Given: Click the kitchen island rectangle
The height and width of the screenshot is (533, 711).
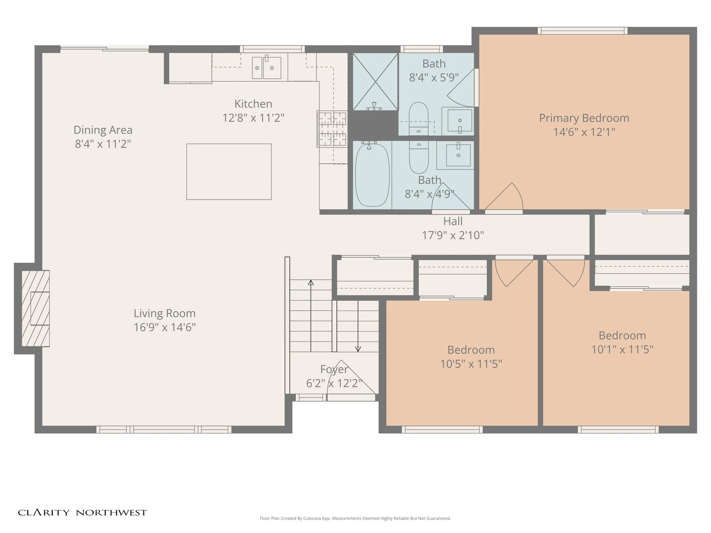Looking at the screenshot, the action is point(229,172).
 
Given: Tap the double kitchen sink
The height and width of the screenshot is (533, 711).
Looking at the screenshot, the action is point(266,67).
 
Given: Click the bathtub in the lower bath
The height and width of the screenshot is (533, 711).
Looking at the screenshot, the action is point(372,175).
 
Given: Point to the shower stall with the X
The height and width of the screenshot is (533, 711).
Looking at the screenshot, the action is point(375,82).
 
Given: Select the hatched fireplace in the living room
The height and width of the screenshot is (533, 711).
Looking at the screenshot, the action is point(36,308).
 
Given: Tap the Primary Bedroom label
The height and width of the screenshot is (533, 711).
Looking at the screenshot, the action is point(584,118).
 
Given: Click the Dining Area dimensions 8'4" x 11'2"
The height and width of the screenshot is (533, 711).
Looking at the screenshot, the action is point(103,144).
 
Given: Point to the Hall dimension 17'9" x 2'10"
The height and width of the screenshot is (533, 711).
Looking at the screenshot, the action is point(453,235).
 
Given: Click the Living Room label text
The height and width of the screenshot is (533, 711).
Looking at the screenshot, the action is point(165,313).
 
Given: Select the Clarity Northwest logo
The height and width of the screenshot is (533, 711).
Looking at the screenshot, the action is point(82,513).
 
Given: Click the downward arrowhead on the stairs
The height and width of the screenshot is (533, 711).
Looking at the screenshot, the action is point(358,349).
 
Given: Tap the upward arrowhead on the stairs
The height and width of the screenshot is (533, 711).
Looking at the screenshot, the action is point(311,283).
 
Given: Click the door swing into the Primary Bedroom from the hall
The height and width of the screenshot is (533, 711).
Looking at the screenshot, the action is point(504,196).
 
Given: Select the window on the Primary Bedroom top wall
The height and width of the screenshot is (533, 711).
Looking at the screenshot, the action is point(582,31).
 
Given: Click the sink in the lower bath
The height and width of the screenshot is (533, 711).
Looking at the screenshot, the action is point(458,155).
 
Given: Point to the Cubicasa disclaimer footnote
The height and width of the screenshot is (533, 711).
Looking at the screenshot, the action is point(355,518).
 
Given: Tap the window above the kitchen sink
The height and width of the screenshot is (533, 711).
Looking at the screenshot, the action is point(272,49).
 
